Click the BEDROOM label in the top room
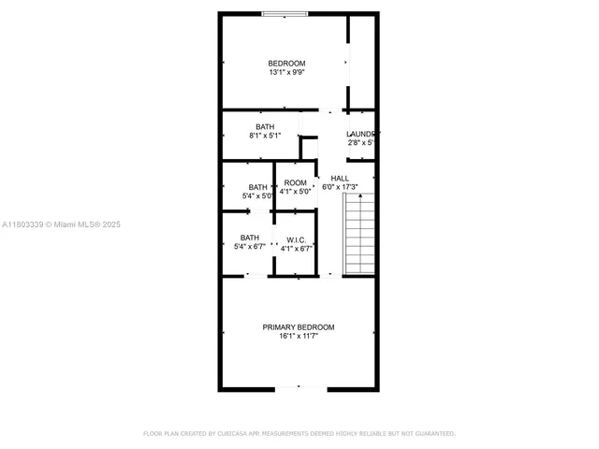(x=286, y=64)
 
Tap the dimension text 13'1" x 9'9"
(x=286, y=73)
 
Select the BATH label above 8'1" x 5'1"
(x=265, y=126)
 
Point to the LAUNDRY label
(x=362, y=134)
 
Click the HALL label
(x=340, y=178)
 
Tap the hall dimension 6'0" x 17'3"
(x=341, y=187)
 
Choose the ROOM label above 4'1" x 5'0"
(x=296, y=182)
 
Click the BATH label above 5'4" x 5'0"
(x=257, y=187)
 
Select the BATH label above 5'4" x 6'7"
(x=249, y=238)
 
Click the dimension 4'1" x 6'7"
(x=297, y=248)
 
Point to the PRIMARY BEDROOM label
(x=298, y=326)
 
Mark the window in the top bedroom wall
(x=284, y=13)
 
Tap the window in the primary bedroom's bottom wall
(x=299, y=387)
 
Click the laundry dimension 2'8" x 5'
(x=361, y=143)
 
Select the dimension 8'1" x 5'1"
(x=265, y=136)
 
